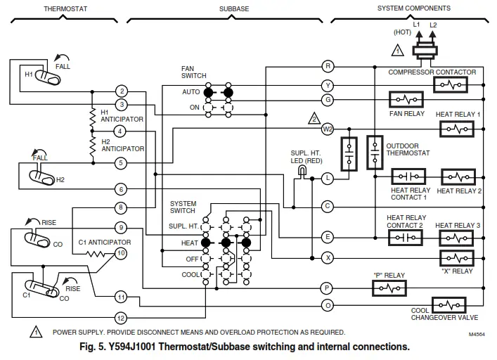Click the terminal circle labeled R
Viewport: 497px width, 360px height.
point(328,66)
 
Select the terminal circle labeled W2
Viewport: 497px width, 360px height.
point(328,129)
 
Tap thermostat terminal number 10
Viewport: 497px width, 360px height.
point(121,252)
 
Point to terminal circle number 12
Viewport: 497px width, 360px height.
point(121,318)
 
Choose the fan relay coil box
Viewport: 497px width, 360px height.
point(406,100)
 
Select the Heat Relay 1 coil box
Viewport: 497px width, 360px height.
point(458,129)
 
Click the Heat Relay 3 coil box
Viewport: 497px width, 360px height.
point(458,238)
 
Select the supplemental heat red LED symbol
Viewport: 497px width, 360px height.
point(302,171)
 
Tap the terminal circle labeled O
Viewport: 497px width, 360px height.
point(328,306)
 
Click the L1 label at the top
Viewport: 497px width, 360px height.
point(417,25)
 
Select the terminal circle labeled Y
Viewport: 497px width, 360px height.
point(328,85)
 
